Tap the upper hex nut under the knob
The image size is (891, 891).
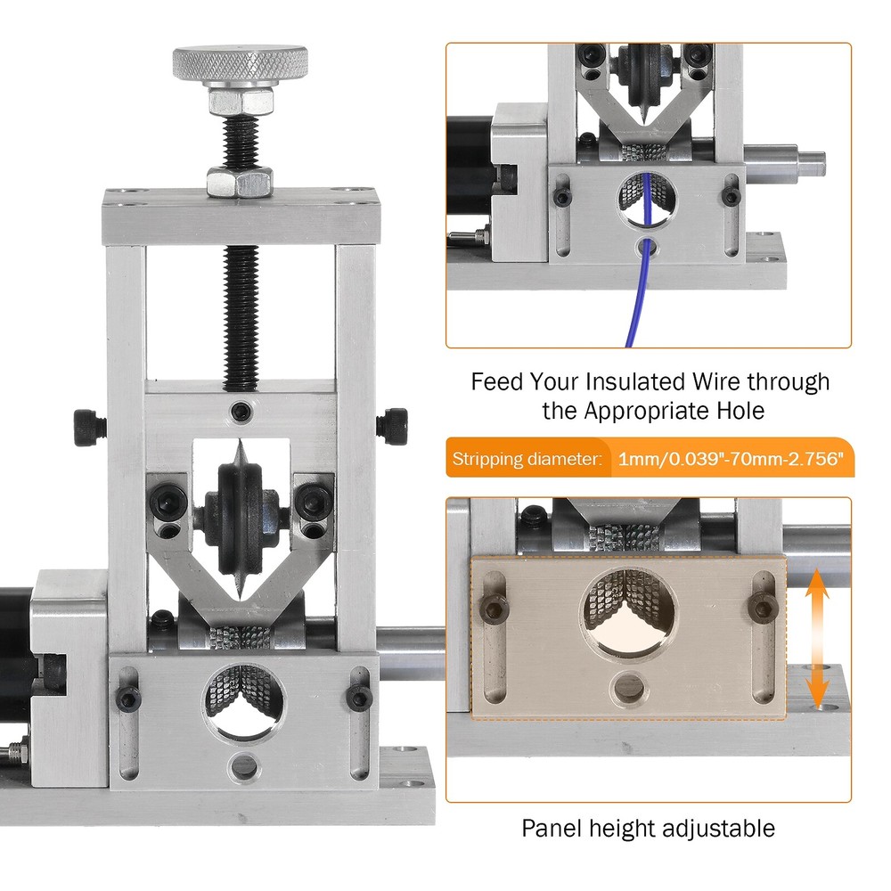tap(241, 102)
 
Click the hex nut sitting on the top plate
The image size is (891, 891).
tap(240, 181)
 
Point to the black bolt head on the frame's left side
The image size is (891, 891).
tap(90, 428)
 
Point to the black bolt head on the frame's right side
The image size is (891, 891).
tap(391, 426)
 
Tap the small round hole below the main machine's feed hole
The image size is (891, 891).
tap(244, 765)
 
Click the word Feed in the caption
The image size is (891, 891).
tap(496, 382)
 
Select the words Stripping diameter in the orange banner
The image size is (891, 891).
tap(527, 459)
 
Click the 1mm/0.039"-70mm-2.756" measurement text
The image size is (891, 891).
tap(731, 458)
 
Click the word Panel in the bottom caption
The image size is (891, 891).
tap(552, 829)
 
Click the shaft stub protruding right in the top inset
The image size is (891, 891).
tap(785, 162)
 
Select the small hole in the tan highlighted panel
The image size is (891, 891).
tap(628, 687)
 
